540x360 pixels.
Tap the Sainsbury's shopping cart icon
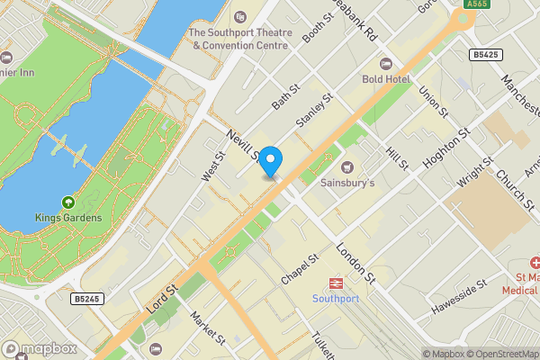(347, 166)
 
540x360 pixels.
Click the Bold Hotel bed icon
(386, 64)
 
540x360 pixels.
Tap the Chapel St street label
(301, 270)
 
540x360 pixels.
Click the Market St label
(208, 328)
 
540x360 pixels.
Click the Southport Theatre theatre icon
(239, 17)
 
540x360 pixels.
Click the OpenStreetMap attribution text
(499, 354)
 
